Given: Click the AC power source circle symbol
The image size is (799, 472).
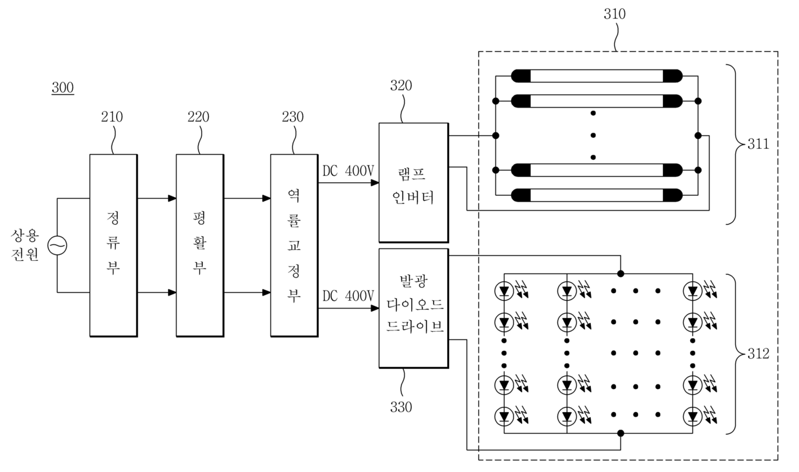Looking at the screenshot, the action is [x=57, y=245].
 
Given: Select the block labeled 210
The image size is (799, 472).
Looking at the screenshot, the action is [x=113, y=245].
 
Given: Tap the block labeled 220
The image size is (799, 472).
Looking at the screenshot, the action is [x=200, y=245].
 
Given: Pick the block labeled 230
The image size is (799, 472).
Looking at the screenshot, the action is [x=294, y=245].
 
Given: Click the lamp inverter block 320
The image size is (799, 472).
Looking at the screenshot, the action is [x=414, y=183].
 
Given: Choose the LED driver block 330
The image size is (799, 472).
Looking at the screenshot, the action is [x=414, y=308].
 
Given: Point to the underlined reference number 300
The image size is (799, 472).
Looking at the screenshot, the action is [x=63, y=88].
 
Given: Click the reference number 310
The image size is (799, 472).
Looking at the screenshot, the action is [x=615, y=14].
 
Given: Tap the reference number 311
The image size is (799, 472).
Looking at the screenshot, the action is [x=758, y=144].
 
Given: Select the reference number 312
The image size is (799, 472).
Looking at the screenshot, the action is [x=758, y=354].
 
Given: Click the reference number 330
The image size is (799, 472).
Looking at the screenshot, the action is [x=401, y=407].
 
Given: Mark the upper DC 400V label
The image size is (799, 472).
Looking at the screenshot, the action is [x=348, y=171].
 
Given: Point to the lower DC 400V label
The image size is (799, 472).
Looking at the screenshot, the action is [x=348, y=296].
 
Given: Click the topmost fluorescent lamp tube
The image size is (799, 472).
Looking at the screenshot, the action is [x=597, y=76].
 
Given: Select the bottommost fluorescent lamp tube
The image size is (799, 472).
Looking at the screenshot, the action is [x=597, y=195].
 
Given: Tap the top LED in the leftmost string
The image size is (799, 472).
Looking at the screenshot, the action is [x=504, y=291].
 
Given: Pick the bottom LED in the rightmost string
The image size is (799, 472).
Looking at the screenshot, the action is [x=693, y=417].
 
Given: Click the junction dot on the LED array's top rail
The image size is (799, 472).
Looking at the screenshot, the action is [x=621, y=274].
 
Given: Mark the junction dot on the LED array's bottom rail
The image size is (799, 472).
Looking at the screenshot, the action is [x=621, y=433].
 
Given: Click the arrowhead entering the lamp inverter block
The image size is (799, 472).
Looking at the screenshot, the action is [x=374, y=183].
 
